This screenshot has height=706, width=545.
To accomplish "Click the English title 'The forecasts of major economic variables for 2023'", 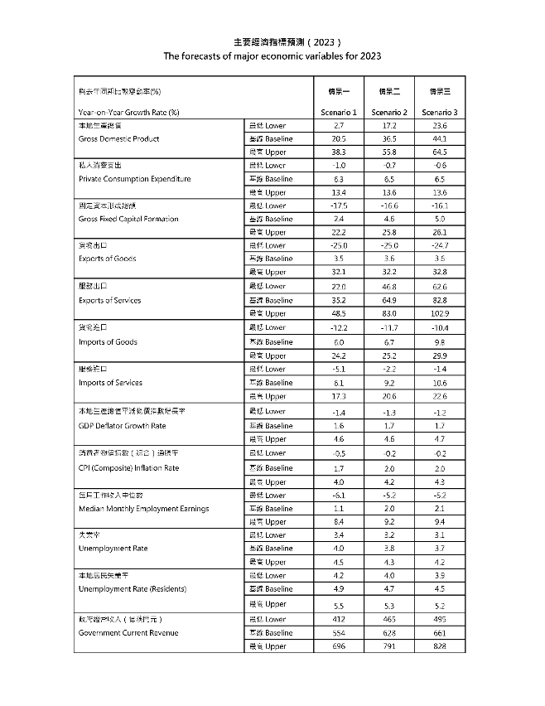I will [272, 56].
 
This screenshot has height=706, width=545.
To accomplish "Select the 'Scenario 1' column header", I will [339, 112].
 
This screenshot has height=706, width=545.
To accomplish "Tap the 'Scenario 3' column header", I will [439, 112].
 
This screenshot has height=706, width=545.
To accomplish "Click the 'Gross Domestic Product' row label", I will [118, 139].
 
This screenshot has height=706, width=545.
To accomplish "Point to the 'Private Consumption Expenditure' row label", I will [135, 179].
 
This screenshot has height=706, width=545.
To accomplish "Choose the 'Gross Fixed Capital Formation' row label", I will [129, 220].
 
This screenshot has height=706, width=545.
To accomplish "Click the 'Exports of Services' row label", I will [109, 300].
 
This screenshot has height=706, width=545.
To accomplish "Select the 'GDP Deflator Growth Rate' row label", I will [123, 425].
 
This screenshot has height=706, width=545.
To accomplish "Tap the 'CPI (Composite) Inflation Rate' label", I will [129, 468].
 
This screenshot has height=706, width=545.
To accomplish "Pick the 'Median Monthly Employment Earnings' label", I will [143, 509].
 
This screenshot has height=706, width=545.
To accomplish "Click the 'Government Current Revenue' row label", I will [128, 633].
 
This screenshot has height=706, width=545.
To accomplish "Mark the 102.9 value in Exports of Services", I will [439, 313].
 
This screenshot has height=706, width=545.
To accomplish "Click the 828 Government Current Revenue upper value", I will [439, 646].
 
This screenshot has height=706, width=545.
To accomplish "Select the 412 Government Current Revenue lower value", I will [339, 619].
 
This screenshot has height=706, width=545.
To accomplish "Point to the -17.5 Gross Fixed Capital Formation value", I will [339, 206].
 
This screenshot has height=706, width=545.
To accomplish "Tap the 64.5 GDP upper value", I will [439, 152].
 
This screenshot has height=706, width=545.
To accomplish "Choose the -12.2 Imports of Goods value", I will [339, 328].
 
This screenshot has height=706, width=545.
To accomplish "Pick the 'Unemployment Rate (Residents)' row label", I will [133, 589].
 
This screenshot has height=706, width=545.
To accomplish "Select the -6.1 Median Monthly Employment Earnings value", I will [339, 495].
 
